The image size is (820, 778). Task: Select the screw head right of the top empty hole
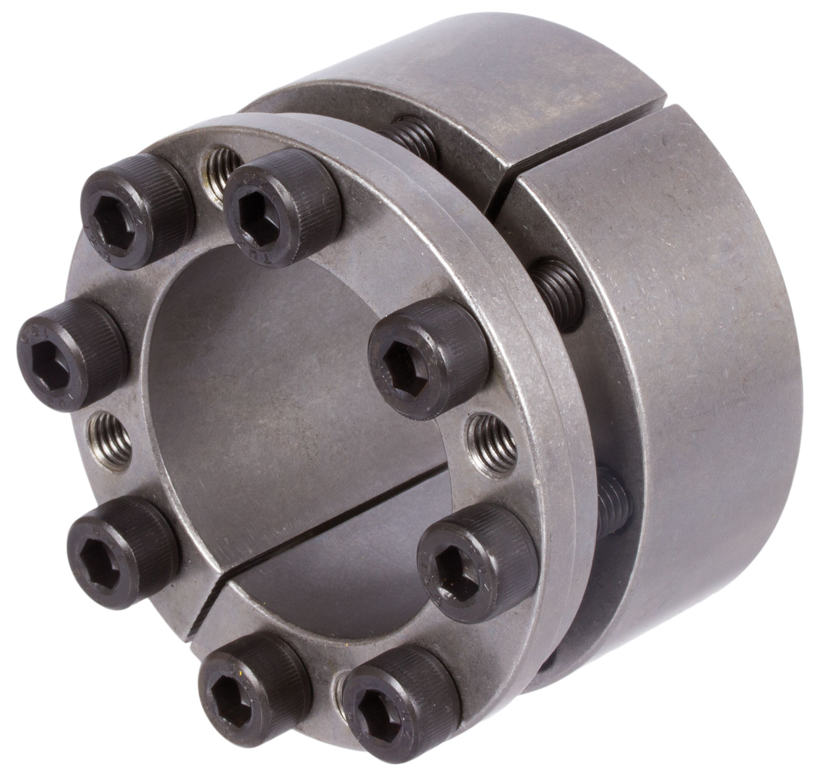[282, 197]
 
